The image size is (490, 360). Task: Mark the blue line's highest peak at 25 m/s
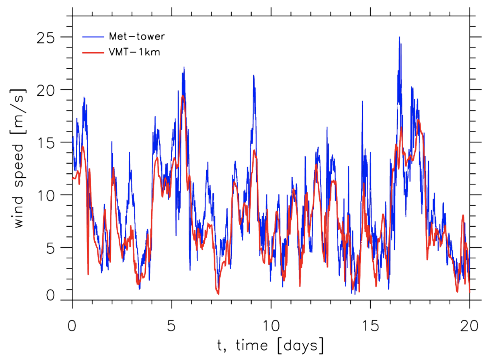[x=399, y=37]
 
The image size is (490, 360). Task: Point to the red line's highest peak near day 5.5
[x=183, y=96]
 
